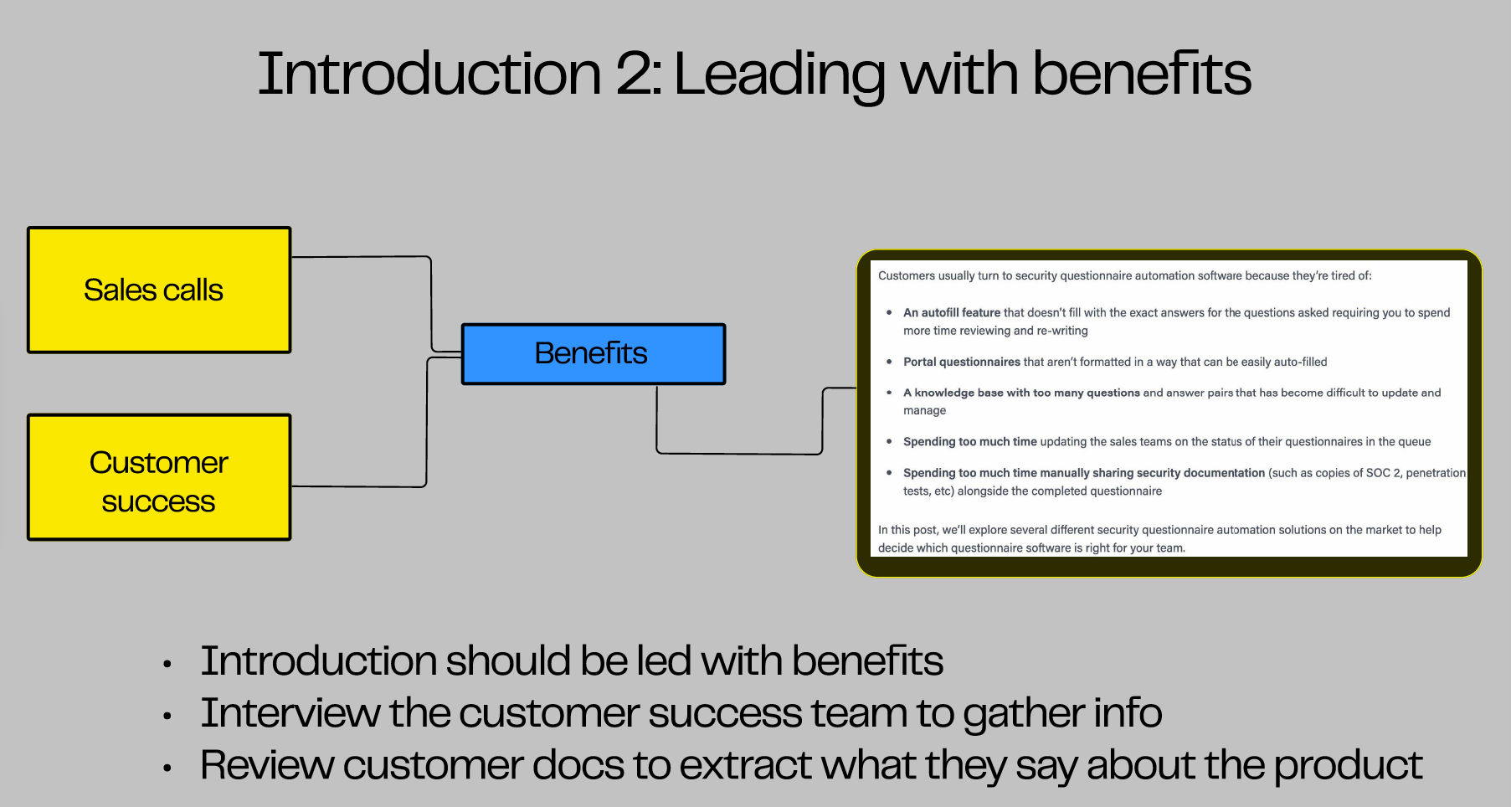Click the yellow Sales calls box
tap(159, 290)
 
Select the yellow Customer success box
tap(159, 477)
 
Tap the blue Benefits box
tap(593, 354)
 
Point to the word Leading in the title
tap(779, 74)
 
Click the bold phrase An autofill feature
tap(952, 312)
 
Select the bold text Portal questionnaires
tap(961, 362)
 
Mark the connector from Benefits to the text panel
tap(737, 454)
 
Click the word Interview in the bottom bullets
tap(290, 713)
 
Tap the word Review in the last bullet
tap(266, 765)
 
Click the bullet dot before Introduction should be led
tap(167, 665)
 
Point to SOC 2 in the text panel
tap(1383, 473)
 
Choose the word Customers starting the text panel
tap(907, 275)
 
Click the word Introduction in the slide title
tap(429, 74)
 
